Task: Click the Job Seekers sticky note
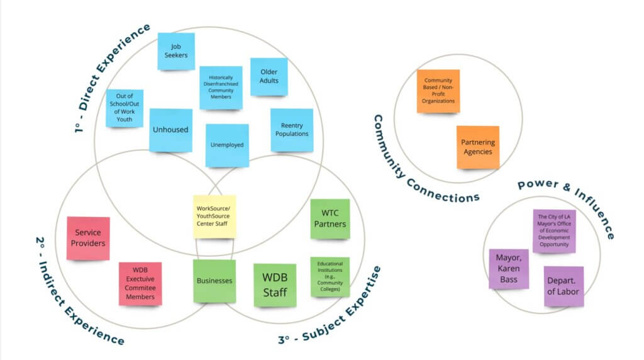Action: click(x=176, y=51)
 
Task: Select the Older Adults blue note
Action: click(x=269, y=77)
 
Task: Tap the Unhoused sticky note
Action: click(x=170, y=130)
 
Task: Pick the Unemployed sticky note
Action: click(x=227, y=145)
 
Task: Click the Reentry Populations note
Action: click(x=292, y=130)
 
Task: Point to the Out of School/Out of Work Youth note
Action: click(x=125, y=108)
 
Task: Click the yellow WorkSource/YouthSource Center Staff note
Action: click(x=214, y=216)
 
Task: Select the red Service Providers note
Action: click(x=89, y=238)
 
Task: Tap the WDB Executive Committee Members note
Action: click(x=140, y=283)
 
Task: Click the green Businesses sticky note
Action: click(x=214, y=281)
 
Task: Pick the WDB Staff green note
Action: click(x=275, y=285)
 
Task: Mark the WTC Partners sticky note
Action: click(x=330, y=218)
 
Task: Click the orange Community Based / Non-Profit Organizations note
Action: click(x=438, y=91)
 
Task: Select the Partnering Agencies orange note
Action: click(x=477, y=147)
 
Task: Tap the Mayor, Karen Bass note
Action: click(x=508, y=269)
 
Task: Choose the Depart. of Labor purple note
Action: click(x=563, y=286)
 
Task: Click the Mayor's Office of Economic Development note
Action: click(x=554, y=231)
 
